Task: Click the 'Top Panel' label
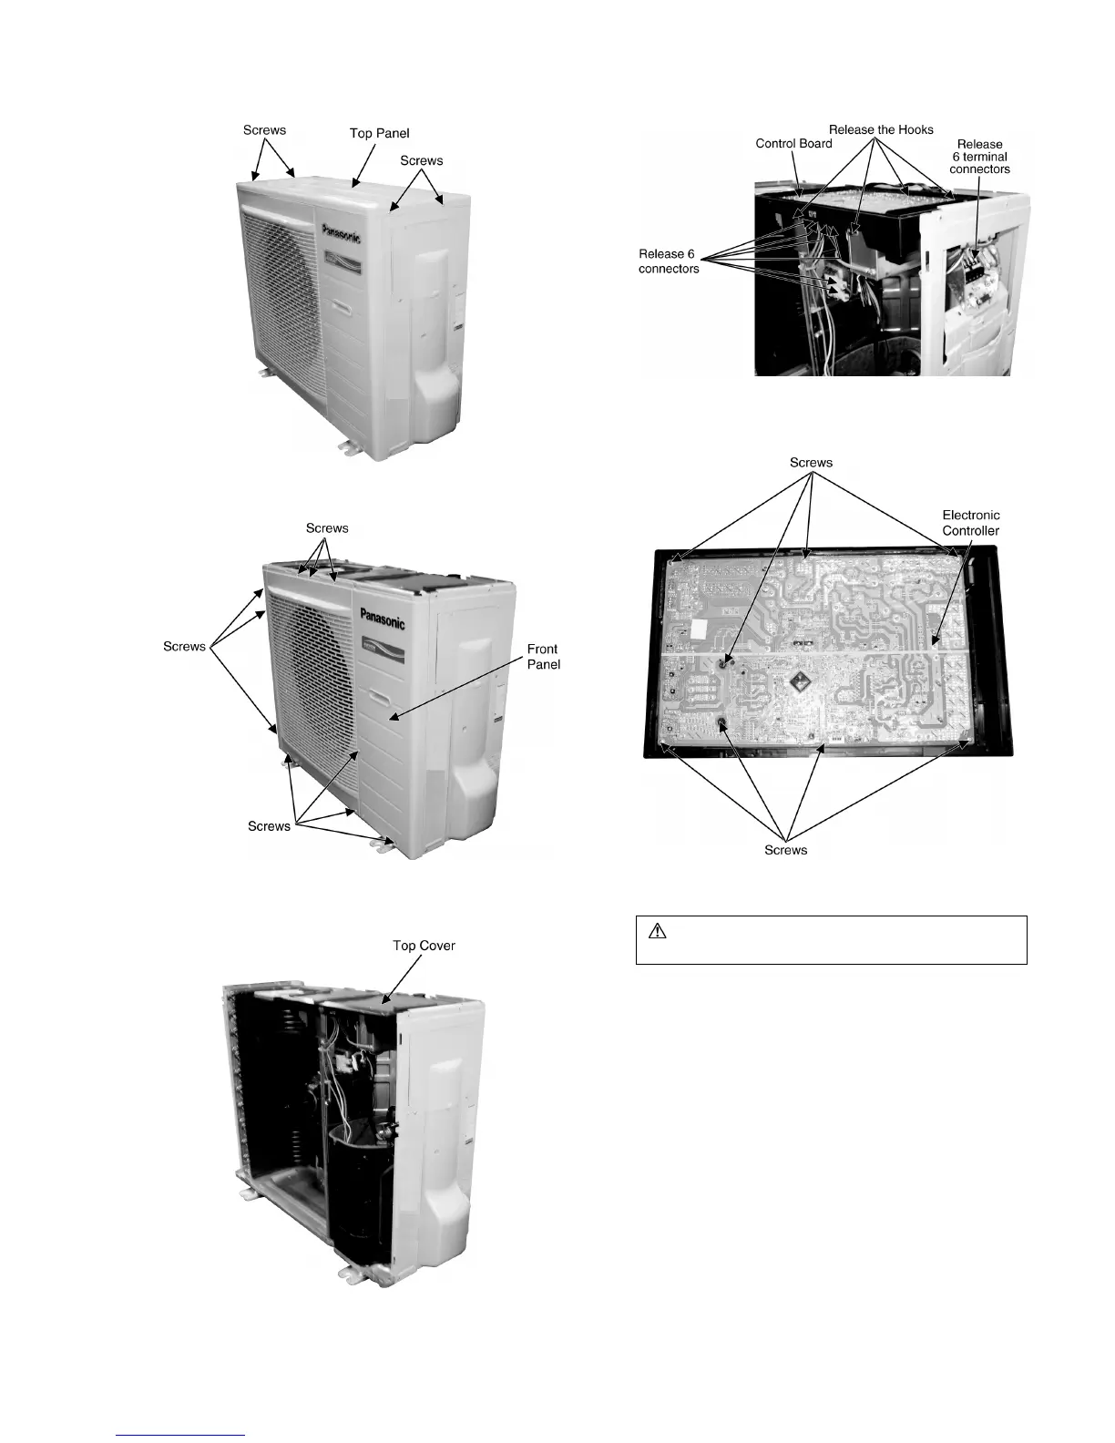click(379, 133)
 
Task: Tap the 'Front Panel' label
click(543, 657)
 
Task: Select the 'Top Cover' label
click(424, 946)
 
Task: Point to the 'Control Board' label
click(793, 143)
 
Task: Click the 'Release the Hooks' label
click(881, 129)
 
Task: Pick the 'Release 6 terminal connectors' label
click(979, 157)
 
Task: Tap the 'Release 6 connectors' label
click(669, 261)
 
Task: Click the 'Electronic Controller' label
click(970, 523)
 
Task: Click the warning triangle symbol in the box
click(658, 932)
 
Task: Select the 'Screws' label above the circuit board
click(811, 463)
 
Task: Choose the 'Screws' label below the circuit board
click(785, 850)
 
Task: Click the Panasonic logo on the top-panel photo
click(341, 231)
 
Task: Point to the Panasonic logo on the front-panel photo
click(383, 619)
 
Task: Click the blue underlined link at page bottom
click(181, 1435)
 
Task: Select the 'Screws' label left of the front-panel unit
click(184, 647)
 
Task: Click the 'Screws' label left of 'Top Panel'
click(264, 130)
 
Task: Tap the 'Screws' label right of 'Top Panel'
click(421, 161)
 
